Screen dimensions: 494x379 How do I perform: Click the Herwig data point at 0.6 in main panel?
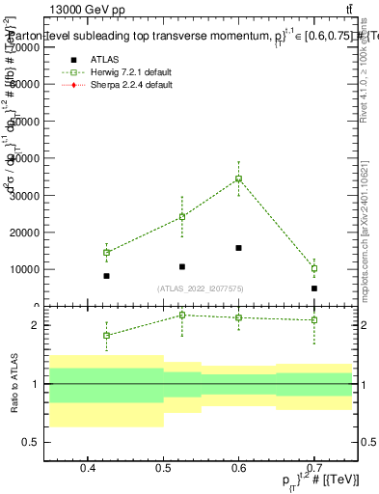pyautogui.click(x=238, y=178)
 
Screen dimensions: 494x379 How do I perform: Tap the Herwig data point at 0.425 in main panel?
pyautogui.click(x=106, y=253)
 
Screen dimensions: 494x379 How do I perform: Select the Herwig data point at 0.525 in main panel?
pyautogui.click(x=182, y=217)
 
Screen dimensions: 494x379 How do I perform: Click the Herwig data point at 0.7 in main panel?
pyautogui.click(x=314, y=269)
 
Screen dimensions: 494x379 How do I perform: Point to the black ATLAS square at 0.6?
pyautogui.click(x=238, y=248)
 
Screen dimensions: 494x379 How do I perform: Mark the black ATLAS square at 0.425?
pyautogui.click(x=106, y=276)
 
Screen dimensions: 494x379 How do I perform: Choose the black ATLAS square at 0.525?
pyautogui.click(x=182, y=266)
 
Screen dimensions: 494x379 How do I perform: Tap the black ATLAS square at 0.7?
pyautogui.click(x=314, y=288)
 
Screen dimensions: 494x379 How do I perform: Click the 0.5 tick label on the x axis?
pyautogui.click(x=163, y=469)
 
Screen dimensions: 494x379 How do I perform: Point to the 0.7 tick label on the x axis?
pyautogui.click(x=314, y=469)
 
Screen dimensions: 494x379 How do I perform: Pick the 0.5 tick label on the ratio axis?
pyautogui.click(x=37, y=442)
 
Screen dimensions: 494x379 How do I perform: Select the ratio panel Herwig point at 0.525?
pyautogui.click(x=182, y=315)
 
